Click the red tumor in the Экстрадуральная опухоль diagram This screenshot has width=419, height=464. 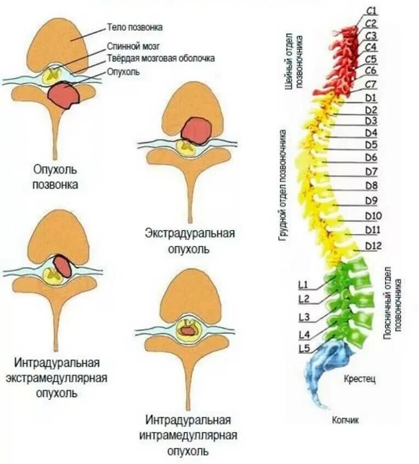[x=196, y=131]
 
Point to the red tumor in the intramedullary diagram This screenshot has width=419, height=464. [x=188, y=331]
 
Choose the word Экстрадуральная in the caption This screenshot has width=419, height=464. [x=190, y=234]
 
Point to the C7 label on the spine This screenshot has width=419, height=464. [x=371, y=84]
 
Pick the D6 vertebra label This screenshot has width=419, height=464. [x=371, y=157]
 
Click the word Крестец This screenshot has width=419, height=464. [x=360, y=379]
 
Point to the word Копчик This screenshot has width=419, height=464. [x=345, y=420]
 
